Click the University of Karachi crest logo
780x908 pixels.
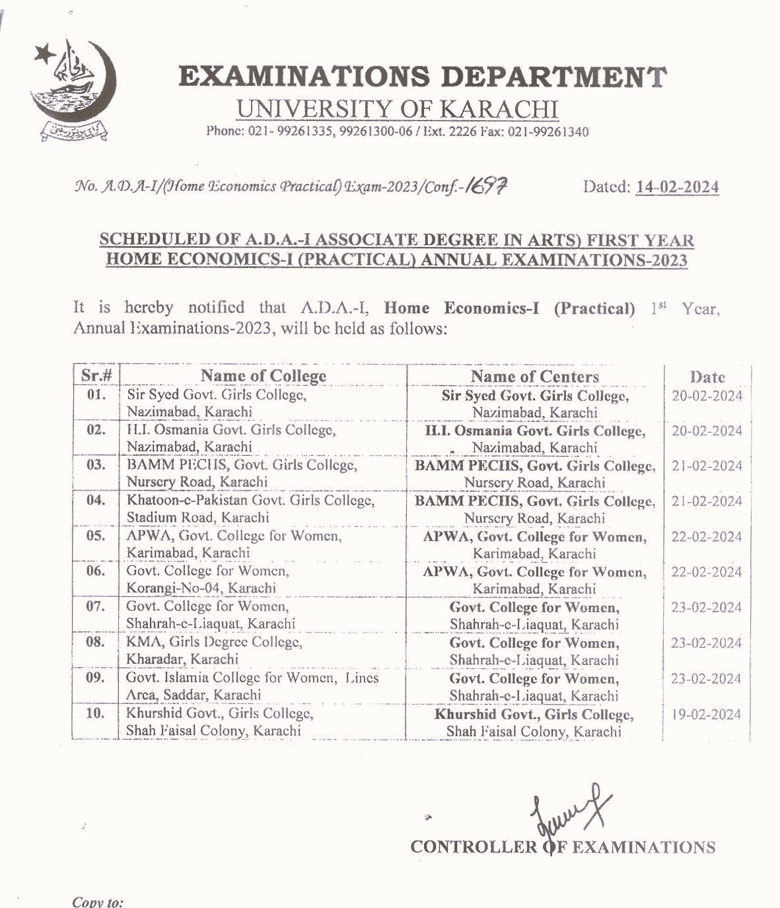point(71,91)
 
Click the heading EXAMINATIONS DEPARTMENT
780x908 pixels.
point(422,77)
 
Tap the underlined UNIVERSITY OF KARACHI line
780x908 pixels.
point(397,109)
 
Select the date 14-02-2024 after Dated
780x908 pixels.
point(677,188)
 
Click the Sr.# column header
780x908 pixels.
point(96,376)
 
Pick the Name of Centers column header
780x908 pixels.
point(534,376)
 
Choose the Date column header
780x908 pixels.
point(707,377)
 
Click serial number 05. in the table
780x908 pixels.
point(96,536)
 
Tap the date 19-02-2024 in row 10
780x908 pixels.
point(707,715)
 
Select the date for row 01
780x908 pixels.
point(707,396)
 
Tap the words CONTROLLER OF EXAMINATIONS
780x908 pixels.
point(563,847)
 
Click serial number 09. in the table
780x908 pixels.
point(96,678)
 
